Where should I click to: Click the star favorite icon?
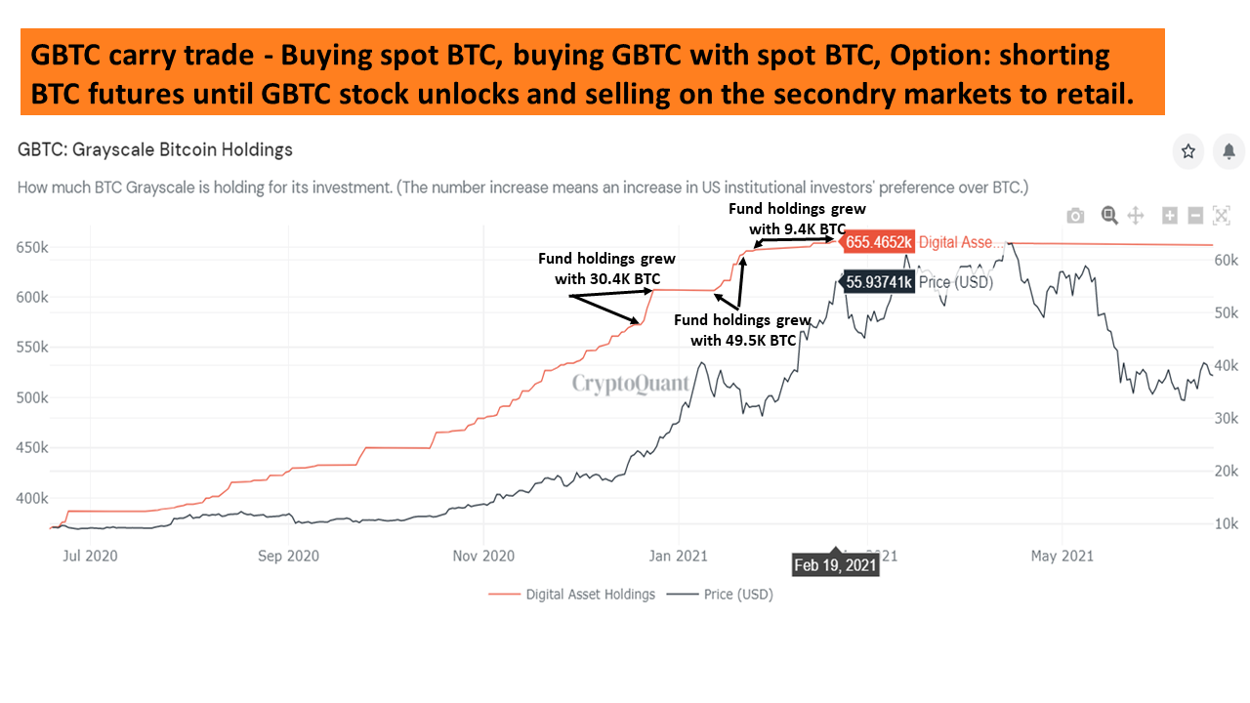click(x=1188, y=151)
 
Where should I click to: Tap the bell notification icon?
click(x=1229, y=151)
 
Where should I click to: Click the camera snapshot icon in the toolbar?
click(x=1075, y=216)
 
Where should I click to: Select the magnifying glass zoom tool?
click(x=1108, y=216)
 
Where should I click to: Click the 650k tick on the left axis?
click(x=32, y=247)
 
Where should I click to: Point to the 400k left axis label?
click(x=32, y=498)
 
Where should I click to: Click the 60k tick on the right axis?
click(x=1226, y=260)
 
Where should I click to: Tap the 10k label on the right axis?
click(x=1226, y=523)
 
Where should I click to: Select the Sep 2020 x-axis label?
click(x=288, y=556)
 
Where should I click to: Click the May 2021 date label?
click(x=1062, y=556)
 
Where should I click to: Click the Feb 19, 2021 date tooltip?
click(x=835, y=564)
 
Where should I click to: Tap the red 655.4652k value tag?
click(x=877, y=242)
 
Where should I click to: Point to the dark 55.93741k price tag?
click(x=877, y=282)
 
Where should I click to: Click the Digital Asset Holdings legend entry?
click(x=571, y=595)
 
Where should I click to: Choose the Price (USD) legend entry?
click(x=720, y=595)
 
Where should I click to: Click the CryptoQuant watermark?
click(x=630, y=384)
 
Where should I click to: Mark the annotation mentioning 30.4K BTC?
click(x=606, y=269)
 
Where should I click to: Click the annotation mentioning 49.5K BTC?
click(x=743, y=330)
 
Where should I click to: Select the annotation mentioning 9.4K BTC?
click(x=797, y=219)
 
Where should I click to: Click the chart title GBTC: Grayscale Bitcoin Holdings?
click(x=155, y=149)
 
